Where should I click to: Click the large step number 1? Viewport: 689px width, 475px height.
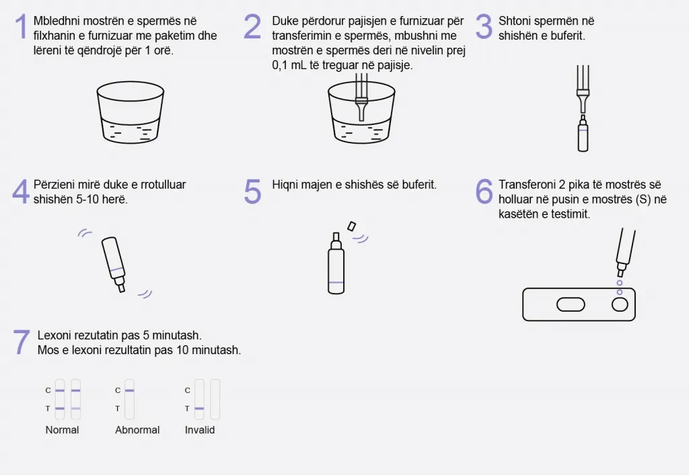click(21, 26)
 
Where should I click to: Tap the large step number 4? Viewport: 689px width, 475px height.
click(21, 191)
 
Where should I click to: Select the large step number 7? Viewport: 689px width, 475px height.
click(22, 342)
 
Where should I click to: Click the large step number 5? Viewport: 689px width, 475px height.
click(253, 191)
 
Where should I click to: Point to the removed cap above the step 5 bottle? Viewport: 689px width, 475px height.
click(351, 226)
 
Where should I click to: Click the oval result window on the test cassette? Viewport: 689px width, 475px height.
click(571, 304)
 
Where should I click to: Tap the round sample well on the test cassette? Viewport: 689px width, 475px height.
click(620, 304)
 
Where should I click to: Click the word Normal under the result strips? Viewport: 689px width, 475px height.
click(62, 430)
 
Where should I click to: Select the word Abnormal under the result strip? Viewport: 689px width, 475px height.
click(137, 430)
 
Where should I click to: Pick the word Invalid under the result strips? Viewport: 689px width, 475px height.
click(199, 430)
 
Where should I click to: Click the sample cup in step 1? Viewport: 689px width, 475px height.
click(130, 112)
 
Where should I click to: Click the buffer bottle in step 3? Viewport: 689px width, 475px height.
click(583, 133)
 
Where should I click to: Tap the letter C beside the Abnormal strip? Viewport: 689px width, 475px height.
click(117, 390)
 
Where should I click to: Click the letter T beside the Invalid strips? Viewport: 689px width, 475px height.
click(187, 408)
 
